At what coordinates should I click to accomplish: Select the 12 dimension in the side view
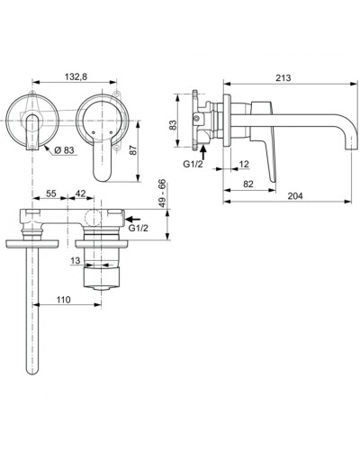click(x=245, y=164)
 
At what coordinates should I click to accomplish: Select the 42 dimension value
click(x=80, y=193)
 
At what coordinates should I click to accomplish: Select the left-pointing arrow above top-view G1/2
click(x=134, y=217)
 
